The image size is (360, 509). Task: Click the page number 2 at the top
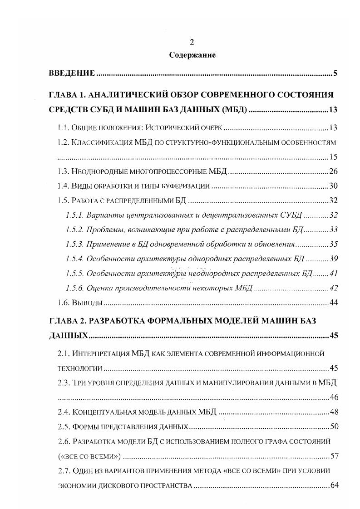[192, 42]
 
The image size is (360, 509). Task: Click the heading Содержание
[192, 55]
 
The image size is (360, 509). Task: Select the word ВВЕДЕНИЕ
[72, 73]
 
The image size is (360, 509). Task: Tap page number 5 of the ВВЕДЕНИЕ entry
[335, 73]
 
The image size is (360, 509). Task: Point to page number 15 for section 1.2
[334, 157]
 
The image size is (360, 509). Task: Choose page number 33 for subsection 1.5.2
[334, 230]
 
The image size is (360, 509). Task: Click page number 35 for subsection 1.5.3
[334, 244]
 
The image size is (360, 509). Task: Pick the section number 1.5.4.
[74, 259]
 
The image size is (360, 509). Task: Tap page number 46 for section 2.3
[334, 398]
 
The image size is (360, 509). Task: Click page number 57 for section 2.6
[334, 456]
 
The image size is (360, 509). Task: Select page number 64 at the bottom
[334, 485]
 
